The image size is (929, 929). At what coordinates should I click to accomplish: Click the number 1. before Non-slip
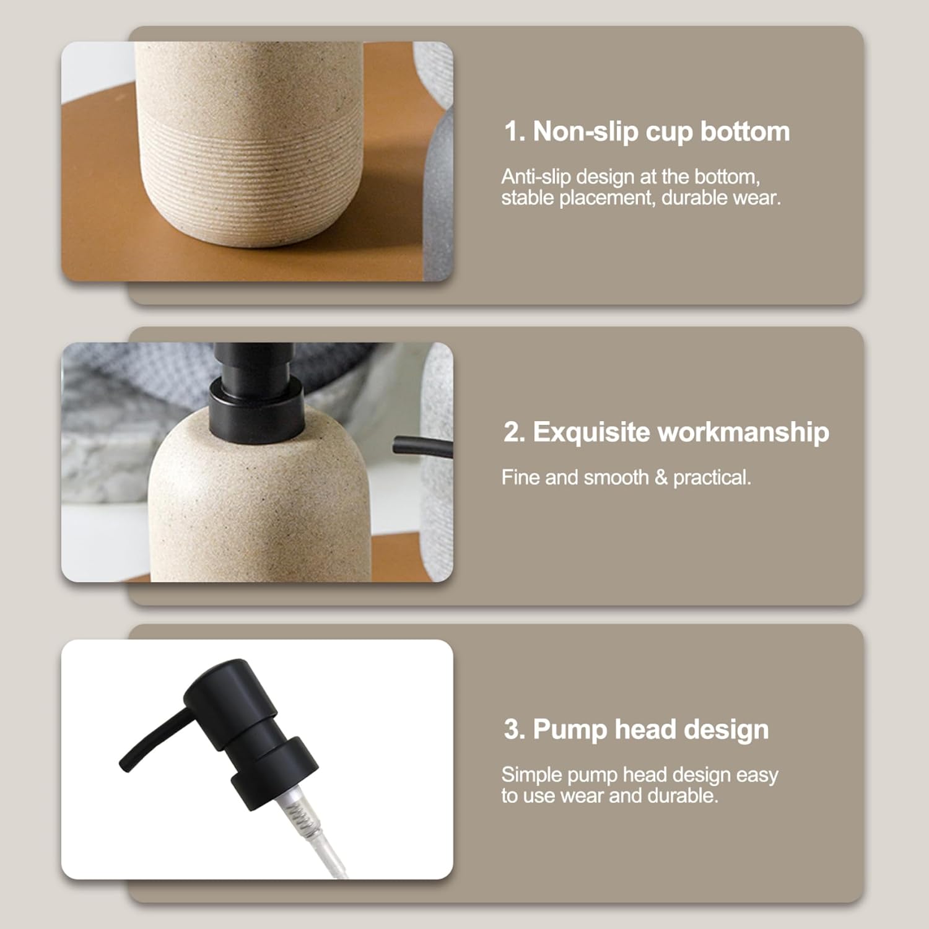[515, 131]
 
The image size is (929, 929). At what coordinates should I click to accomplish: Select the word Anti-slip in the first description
[536, 177]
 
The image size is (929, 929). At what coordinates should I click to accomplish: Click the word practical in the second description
[712, 478]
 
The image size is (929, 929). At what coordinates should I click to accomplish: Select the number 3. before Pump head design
[515, 729]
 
